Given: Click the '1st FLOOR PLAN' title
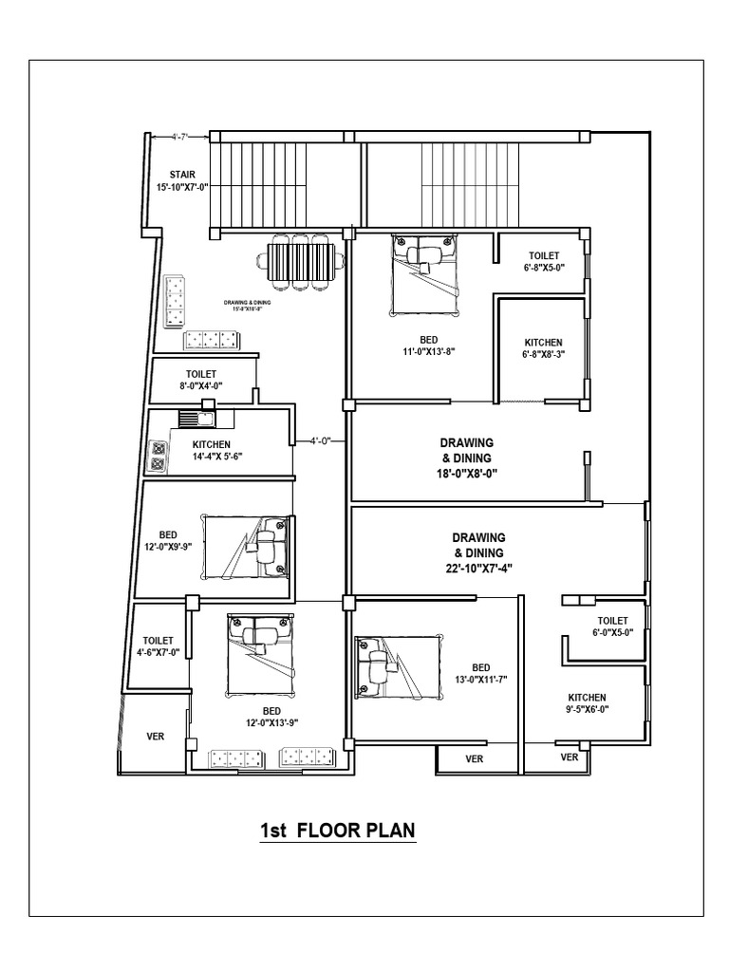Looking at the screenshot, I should click(x=338, y=832).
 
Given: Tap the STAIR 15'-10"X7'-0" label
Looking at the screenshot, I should click(x=181, y=181).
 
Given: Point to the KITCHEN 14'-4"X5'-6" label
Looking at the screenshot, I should click(x=217, y=450).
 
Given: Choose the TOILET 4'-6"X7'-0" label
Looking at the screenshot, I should click(x=158, y=647).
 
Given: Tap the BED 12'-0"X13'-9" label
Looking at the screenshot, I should click(x=271, y=717).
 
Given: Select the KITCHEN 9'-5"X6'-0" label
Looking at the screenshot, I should click(x=588, y=702).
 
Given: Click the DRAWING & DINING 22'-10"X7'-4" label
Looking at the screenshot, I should click(x=478, y=552).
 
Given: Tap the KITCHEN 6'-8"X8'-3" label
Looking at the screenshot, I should click(x=544, y=348).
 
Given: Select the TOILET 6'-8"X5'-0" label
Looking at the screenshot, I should click(x=545, y=261).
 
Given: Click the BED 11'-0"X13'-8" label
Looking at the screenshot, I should click(x=417, y=344).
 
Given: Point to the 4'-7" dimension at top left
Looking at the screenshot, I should click(x=181, y=138).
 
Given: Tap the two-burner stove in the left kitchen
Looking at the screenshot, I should click(x=157, y=457).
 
